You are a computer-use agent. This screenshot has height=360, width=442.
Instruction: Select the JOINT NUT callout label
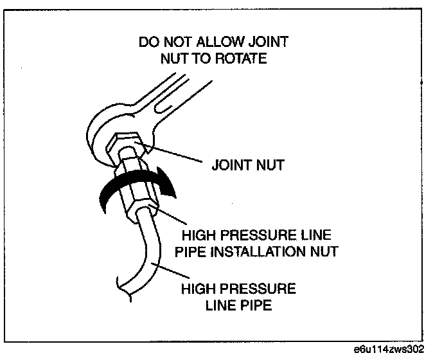pyautogui.click(x=247, y=165)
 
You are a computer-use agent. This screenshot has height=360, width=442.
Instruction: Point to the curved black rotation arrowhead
pyautogui.click(x=168, y=186)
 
